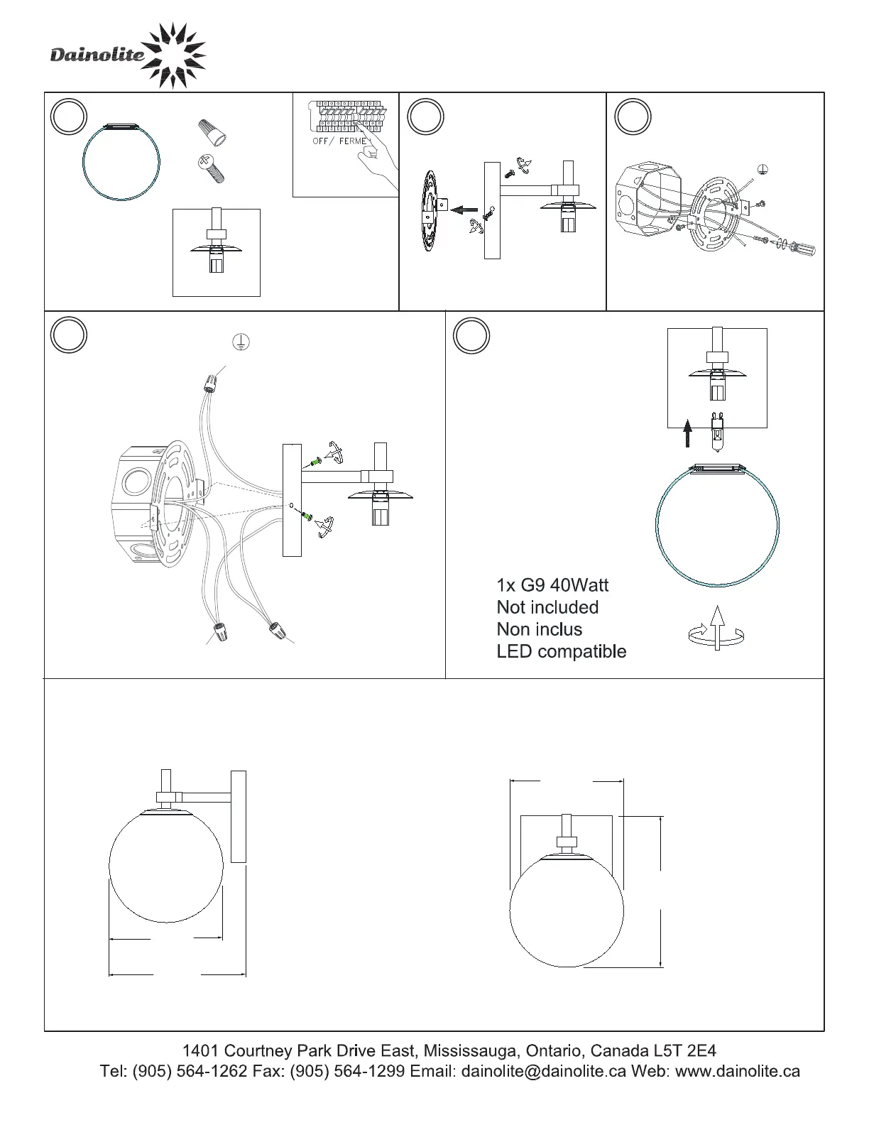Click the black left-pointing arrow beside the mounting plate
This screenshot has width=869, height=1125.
(x=466, y=209)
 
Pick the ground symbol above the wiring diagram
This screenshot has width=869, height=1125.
(x=241, y=342)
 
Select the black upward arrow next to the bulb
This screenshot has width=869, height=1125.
(x=687, y=433)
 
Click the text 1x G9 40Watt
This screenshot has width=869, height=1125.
(x=552, y=585)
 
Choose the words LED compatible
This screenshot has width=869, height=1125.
(x=561, y=651)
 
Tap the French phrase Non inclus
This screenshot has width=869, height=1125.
(x=539, y=629)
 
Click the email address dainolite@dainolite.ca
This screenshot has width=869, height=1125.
(x=544, y=1071)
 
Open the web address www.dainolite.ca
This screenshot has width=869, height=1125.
(x=738, y=1071)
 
